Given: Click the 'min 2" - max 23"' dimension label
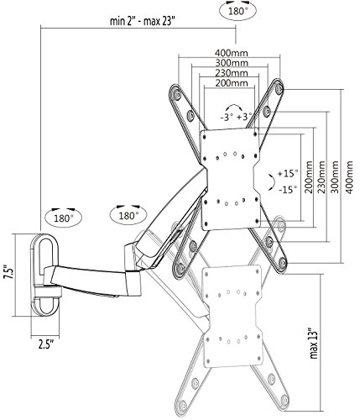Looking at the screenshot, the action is point(142,21).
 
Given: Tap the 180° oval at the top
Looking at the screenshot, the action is point(238,11).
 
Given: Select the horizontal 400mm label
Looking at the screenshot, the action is point(232,53).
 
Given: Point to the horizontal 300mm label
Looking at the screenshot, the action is point(232,63).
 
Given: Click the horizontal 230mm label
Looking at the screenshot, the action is point(232,73).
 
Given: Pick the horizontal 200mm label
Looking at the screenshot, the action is point(232,83).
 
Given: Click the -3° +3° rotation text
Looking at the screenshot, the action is point(237,117).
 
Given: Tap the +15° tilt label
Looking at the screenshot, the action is point(288,173).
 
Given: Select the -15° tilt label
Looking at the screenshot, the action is point(288,190).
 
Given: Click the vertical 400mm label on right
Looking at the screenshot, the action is point(350,177).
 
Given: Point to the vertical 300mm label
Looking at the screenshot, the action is point(335,177).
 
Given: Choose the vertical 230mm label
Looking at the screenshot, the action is point(322,177).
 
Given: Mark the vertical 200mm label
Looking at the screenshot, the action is point(309,177).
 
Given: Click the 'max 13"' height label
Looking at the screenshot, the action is point(314,343).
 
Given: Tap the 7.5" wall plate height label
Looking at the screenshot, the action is point(8,272).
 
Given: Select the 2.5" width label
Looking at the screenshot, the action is point(46,344).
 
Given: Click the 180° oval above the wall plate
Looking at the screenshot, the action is point(64,218).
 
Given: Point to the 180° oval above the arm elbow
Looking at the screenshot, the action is point(128,216).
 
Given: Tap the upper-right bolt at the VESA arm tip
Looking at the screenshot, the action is point(279,89).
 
